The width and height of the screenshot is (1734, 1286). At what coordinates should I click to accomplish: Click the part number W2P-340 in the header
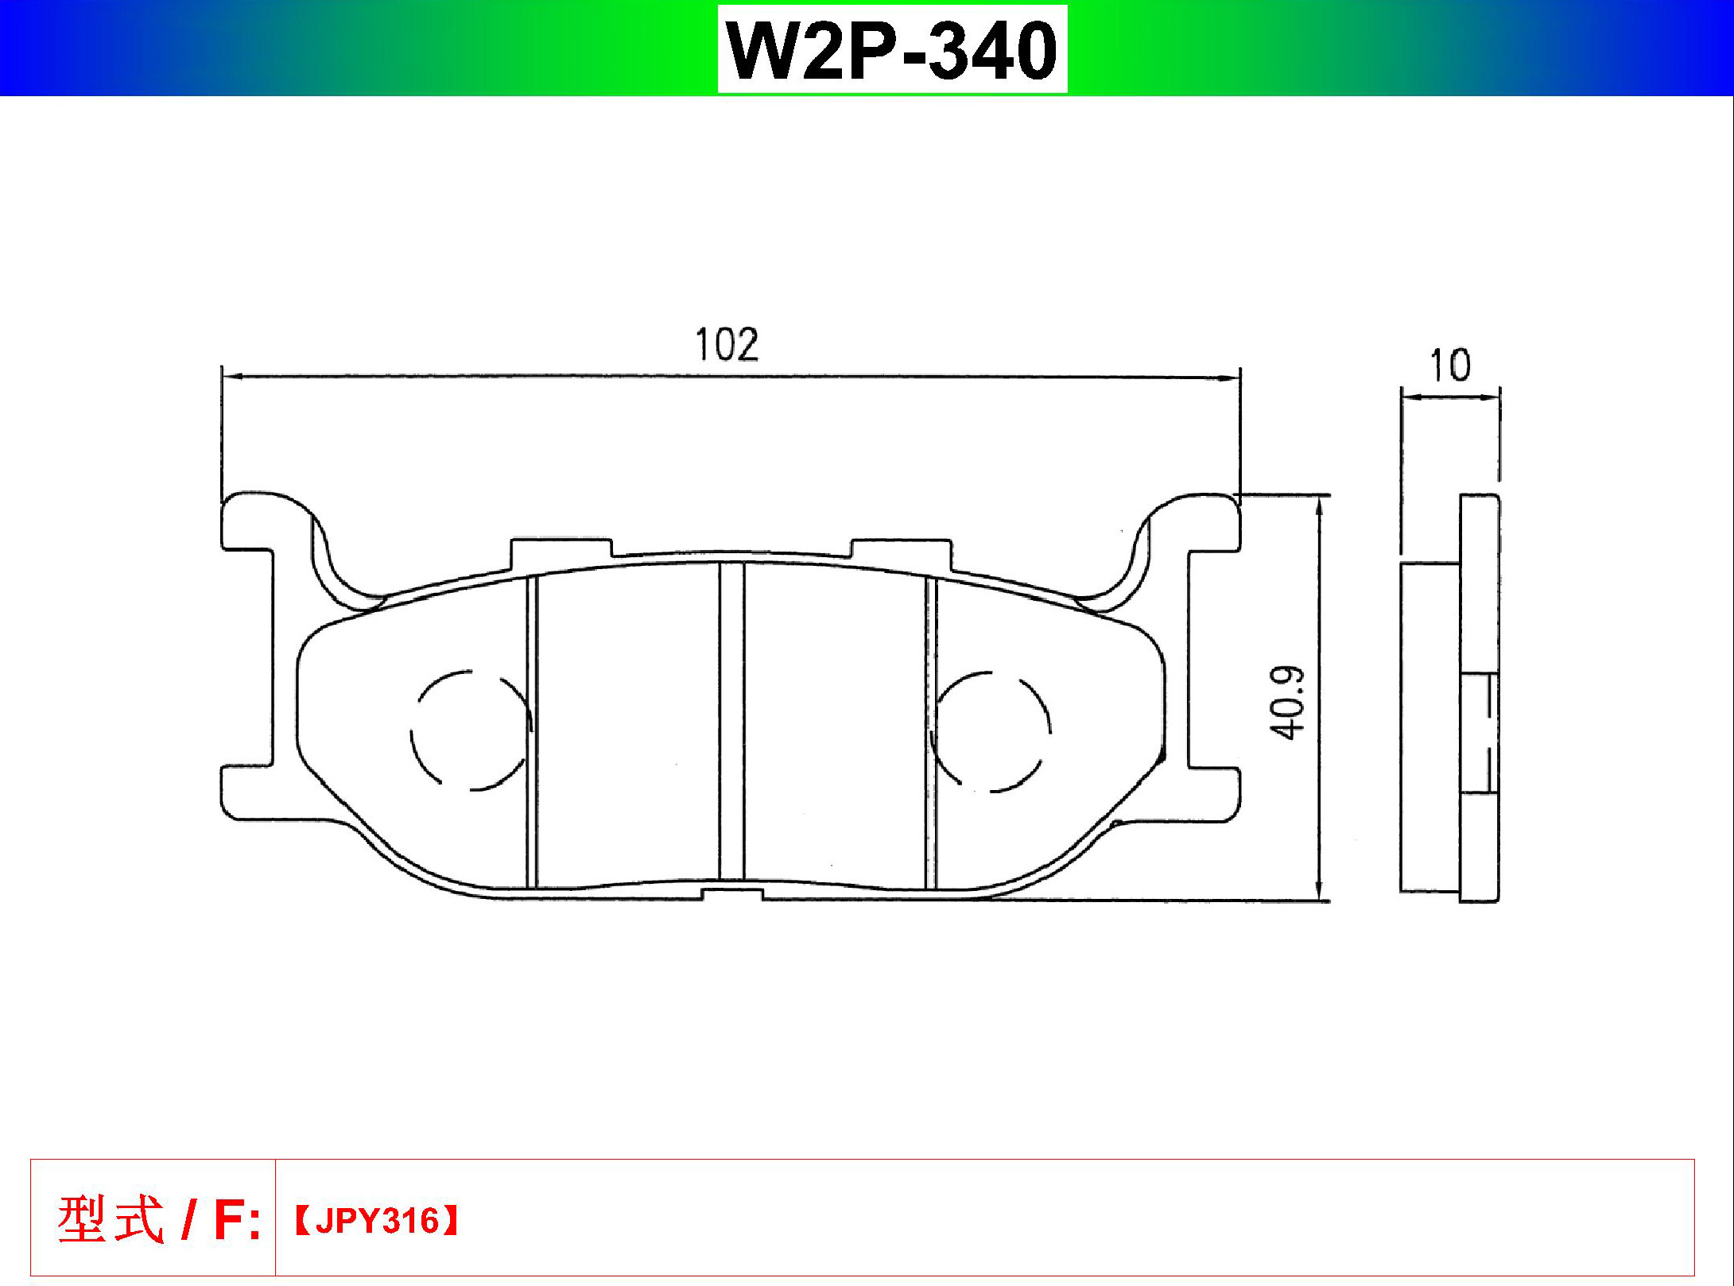click(892, 50)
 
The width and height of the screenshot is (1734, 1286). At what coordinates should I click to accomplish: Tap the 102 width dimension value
click(727, 345)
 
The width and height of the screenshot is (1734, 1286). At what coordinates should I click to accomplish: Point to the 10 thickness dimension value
click(1450, 366)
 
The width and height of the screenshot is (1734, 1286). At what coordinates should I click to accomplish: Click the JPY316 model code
click(377, 1221)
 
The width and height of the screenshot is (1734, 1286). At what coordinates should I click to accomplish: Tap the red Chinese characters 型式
click(111, 1219)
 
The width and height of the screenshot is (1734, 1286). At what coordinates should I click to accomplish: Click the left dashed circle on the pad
click(471, 730)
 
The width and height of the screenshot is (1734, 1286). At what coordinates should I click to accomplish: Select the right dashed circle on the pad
click(991, 732)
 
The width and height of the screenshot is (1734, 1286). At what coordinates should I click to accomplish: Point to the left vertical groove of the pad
click(532, 732)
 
